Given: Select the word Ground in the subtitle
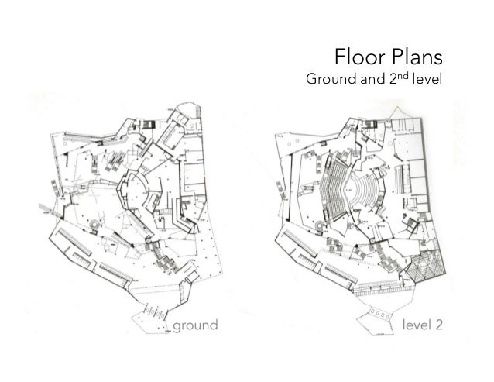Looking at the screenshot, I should click(333, 81).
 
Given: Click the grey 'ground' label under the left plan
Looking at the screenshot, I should click(195, 324).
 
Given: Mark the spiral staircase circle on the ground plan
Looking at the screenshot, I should click(96, 225).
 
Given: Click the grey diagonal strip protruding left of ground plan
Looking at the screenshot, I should click(45, 209).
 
